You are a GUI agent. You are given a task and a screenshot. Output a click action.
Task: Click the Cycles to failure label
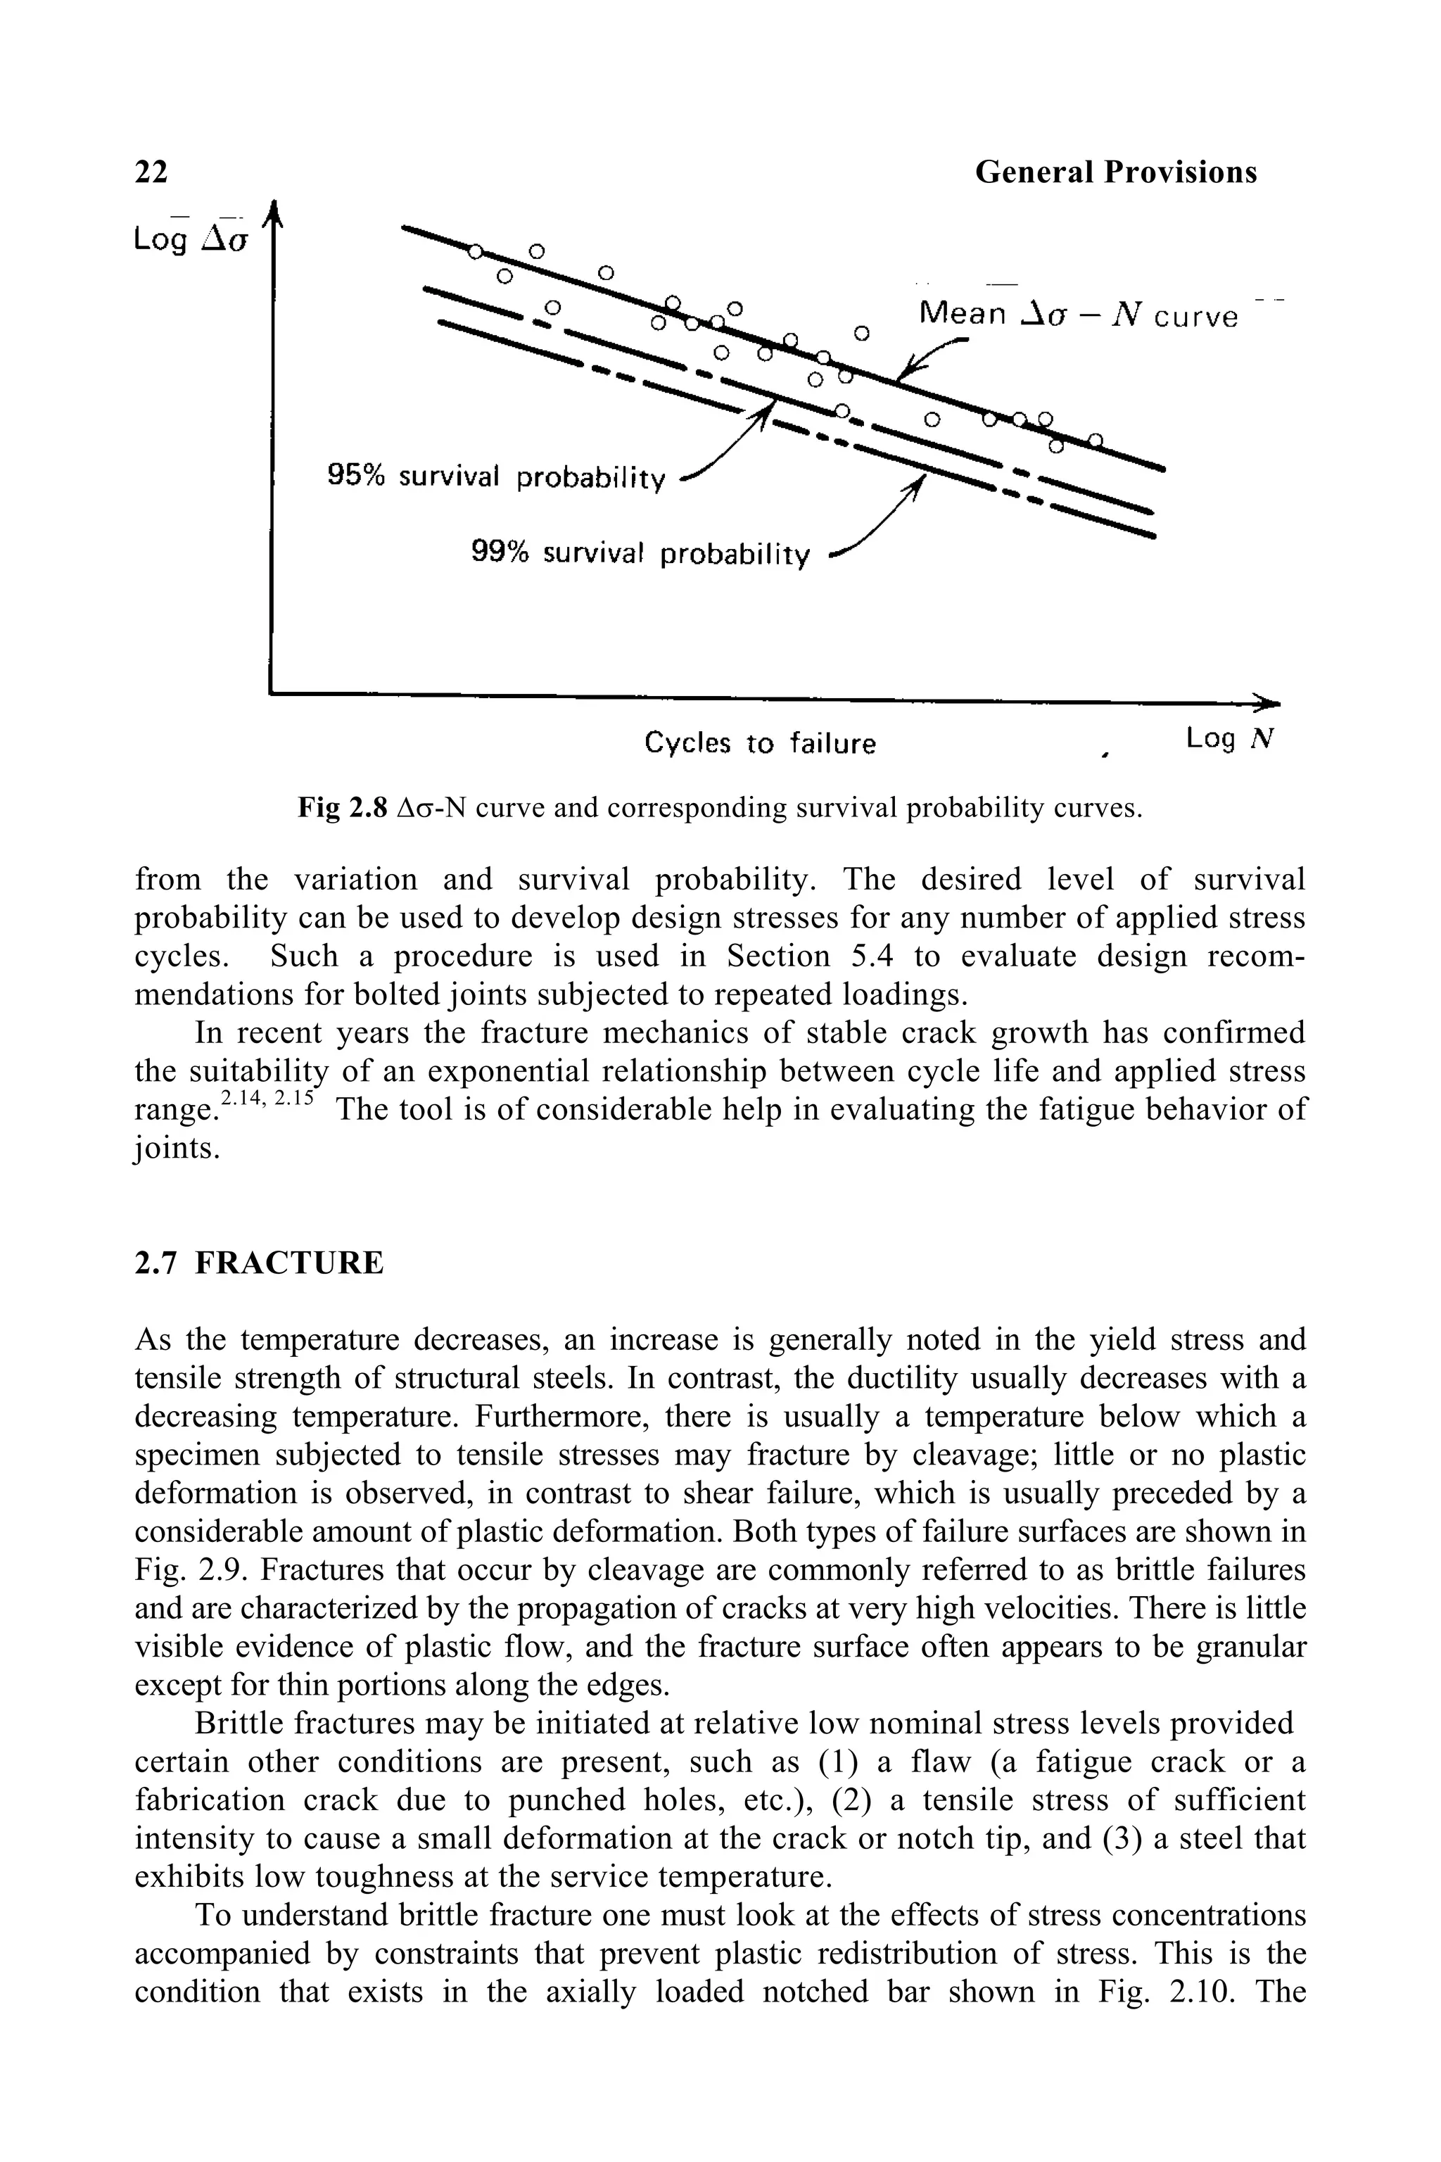[759, 742]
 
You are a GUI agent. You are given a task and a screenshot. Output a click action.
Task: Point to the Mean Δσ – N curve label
[1078, 316]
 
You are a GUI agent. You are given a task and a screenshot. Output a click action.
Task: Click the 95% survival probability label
[495, 477]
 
